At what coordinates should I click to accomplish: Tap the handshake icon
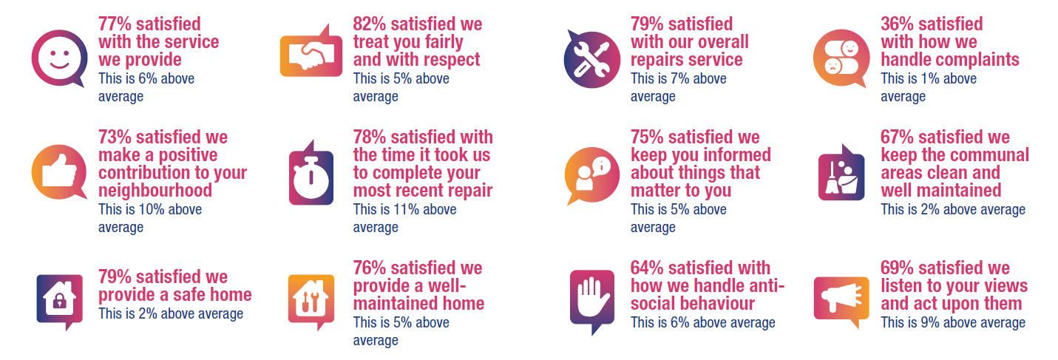click(311, 55)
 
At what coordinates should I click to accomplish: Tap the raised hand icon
click(591, 297)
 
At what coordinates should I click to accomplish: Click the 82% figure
click(369, 24)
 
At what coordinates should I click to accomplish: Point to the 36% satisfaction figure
click(897, 24)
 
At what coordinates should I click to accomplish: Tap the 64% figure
click(647, 268)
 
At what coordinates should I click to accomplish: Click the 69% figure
click(897, 268)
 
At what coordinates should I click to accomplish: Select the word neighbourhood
click(155, 191)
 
